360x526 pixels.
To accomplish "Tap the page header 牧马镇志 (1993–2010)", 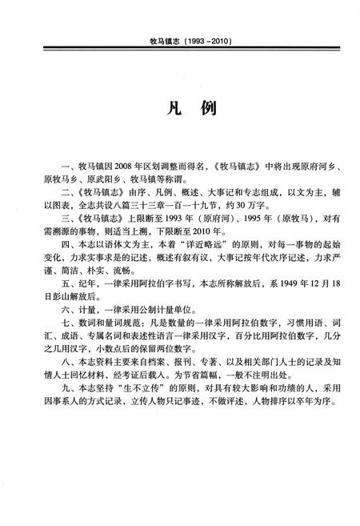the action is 178,39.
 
